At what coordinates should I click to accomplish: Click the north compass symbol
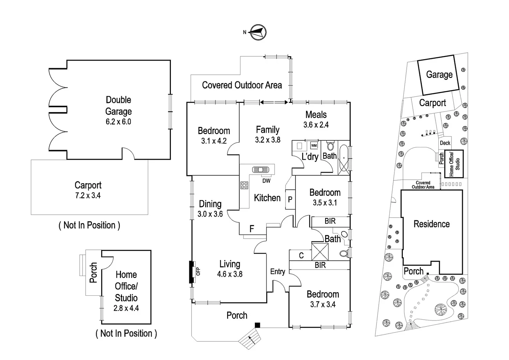(258, 32)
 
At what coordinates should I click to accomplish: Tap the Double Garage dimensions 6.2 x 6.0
(118, 122)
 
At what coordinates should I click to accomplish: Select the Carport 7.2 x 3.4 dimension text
(88, 196)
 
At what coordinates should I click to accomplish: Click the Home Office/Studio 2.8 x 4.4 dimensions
(126, 308)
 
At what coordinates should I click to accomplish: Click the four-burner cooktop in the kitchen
(244, 185)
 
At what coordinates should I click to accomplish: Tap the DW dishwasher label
(266, 181)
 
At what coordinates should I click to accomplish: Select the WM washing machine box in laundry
(314, 146)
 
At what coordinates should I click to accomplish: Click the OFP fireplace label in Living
(198, 271)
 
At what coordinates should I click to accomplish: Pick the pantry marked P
(290, 200)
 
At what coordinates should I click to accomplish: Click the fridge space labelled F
(252, 229)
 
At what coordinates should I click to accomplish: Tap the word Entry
(277, 272)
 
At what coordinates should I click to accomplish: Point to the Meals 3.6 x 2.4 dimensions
(316, 125)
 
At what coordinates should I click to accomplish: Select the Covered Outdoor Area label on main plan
(242, 85)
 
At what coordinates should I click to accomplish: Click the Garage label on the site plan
(439, 75)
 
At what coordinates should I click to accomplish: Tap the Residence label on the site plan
(431, 224)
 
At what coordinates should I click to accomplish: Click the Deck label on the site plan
(445, 143)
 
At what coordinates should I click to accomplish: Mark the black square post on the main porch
(257, 325)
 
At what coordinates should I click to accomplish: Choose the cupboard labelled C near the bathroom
(301, 256)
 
